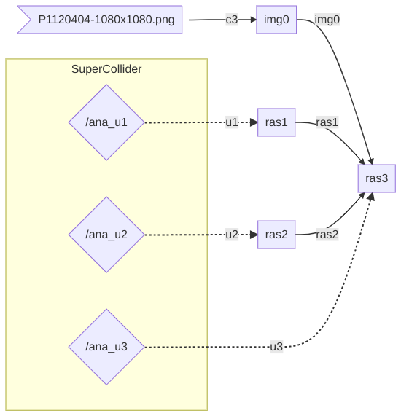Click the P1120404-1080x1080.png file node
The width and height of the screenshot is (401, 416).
click(x=100, y=20)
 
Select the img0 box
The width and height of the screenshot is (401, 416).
click(x=276, y=20)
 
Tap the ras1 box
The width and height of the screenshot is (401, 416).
click(x=276, y=122)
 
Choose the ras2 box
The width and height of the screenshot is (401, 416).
click(x=276, y=235)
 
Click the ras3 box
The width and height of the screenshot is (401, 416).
click(x=376, y=178)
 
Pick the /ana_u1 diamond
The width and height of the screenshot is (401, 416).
click(x=106, y=122)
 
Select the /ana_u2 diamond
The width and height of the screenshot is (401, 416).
click(x=106, y=235)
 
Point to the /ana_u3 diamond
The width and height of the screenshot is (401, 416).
click(x=106, y=347)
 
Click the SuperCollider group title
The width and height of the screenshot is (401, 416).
click(x=106, y=69)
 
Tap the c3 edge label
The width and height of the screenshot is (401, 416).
click(x=232, y=20)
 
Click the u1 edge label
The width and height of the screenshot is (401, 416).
click(x=232, y=122)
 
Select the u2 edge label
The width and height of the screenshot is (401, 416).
click(x=232, y=235)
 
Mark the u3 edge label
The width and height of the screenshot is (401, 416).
click(x=276, y=347)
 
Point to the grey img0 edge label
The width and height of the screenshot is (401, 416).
click(x=327, y=20)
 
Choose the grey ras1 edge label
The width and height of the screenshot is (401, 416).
click(x=327, y=122)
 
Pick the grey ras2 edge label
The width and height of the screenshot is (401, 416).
click(x=327, y=235)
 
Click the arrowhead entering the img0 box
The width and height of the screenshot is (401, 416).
click(x=254, y=20)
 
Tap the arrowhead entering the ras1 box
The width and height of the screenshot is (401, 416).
click(x=254, y=122)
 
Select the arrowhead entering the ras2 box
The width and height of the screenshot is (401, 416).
click(x=254, y=235)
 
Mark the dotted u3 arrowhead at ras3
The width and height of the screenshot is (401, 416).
click(x=371, y=196)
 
